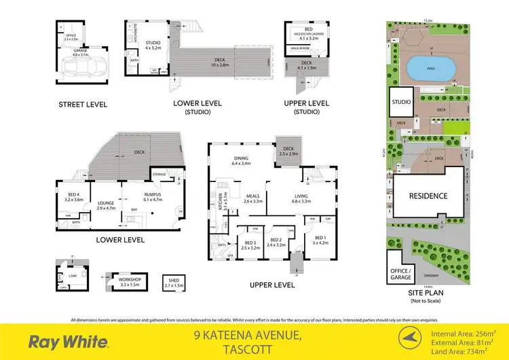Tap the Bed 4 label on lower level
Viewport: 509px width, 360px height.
pos(73,198)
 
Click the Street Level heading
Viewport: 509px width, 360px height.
pos(83,104)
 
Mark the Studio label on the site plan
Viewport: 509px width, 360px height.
pos(401,103)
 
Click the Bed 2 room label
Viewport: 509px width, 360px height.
pos(276,242)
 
